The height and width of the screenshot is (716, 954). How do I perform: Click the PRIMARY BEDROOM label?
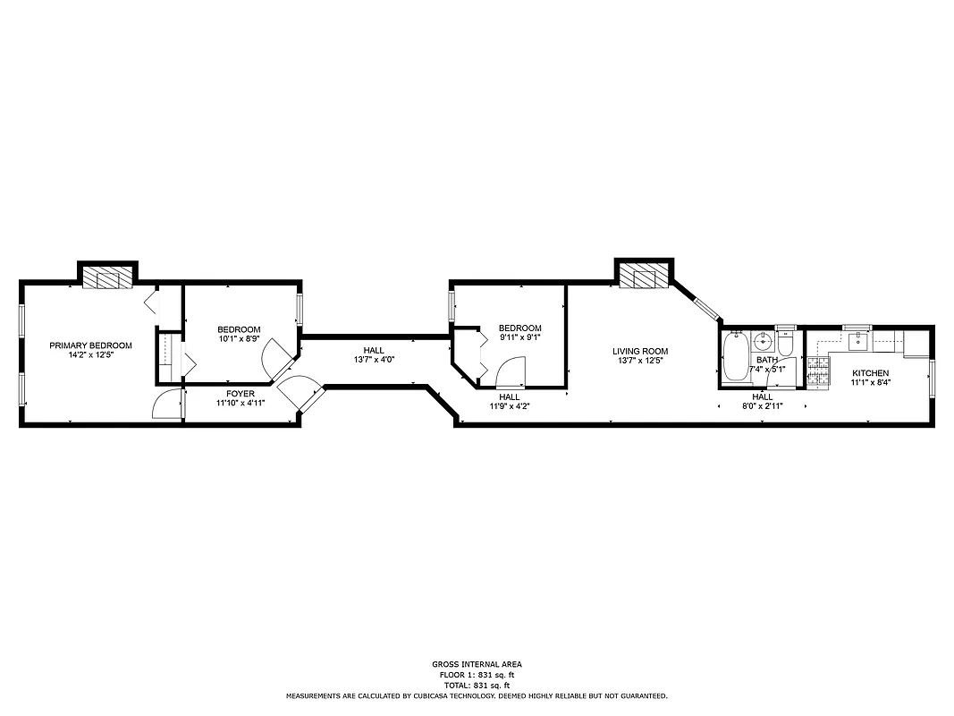(90, 345)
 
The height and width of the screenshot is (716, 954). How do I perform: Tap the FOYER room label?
(240, 393)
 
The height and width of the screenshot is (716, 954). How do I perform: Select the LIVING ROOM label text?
(640, 351)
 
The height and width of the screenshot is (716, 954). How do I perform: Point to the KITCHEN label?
(870, 372)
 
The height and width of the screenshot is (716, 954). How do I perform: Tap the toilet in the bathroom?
(785, 344)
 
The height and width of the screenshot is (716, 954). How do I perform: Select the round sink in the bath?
(763, 341)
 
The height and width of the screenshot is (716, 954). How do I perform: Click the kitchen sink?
(858, 339)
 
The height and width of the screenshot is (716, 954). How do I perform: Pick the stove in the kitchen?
(818, 372)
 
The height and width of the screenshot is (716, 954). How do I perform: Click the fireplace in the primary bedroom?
(107, 277)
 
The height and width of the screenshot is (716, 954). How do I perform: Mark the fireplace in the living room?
(644, 277)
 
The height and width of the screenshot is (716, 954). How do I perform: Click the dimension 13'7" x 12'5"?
(640, 362)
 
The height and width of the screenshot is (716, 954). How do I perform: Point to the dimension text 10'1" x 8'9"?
(240, 339)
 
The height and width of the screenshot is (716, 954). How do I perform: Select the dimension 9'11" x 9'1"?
(519, 338)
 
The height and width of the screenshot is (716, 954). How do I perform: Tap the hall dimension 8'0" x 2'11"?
(762, 406)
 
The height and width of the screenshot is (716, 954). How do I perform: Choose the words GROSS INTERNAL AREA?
(477, 664)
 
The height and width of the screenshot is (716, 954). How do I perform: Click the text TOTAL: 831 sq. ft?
(477, 685)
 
